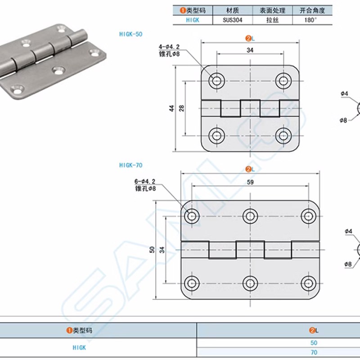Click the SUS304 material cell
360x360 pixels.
coord(232,20)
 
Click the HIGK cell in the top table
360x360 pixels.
coord(192,20)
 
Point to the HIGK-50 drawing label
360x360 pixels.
coord(131,34)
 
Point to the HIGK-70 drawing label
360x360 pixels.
coord(131,165)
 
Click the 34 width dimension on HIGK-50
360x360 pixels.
coord(250,50)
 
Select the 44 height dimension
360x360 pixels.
coord(172,108)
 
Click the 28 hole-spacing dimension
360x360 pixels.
coord(181,108)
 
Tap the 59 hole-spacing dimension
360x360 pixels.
coord(250,182)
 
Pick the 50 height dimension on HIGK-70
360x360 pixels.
coord(153,249)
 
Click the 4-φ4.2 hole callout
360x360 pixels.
coord(169,46)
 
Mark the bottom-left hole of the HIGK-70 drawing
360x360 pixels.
coord(193,283)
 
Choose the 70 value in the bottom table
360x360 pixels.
coord(314,353)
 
